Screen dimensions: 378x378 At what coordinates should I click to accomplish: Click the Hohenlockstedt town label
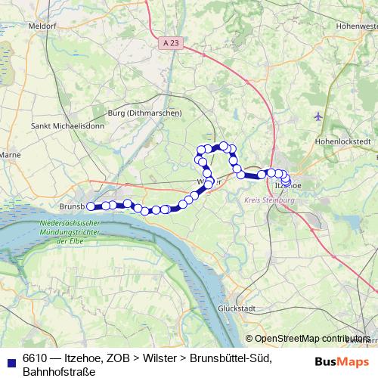pyautogui.click(x=345, y=141)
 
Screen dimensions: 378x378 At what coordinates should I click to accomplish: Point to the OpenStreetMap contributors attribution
pyautogui.click(x=311, y=339)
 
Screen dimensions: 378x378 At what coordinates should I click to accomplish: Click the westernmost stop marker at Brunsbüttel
pyautogui.click(x=91, y=206)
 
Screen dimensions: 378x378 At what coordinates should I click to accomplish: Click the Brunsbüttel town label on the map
pyautogui.click(x=73, y=206)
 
